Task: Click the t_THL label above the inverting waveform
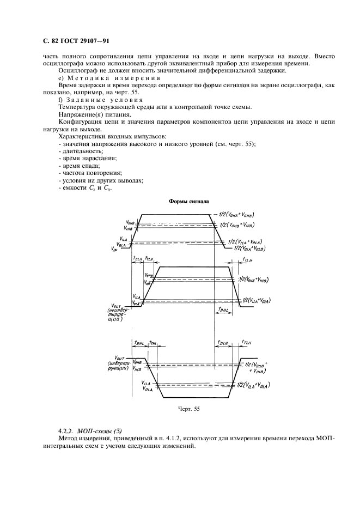(x=154, y=343)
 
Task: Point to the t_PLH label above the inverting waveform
(x=222, y=343)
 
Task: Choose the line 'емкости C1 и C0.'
(x=84, y=188)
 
